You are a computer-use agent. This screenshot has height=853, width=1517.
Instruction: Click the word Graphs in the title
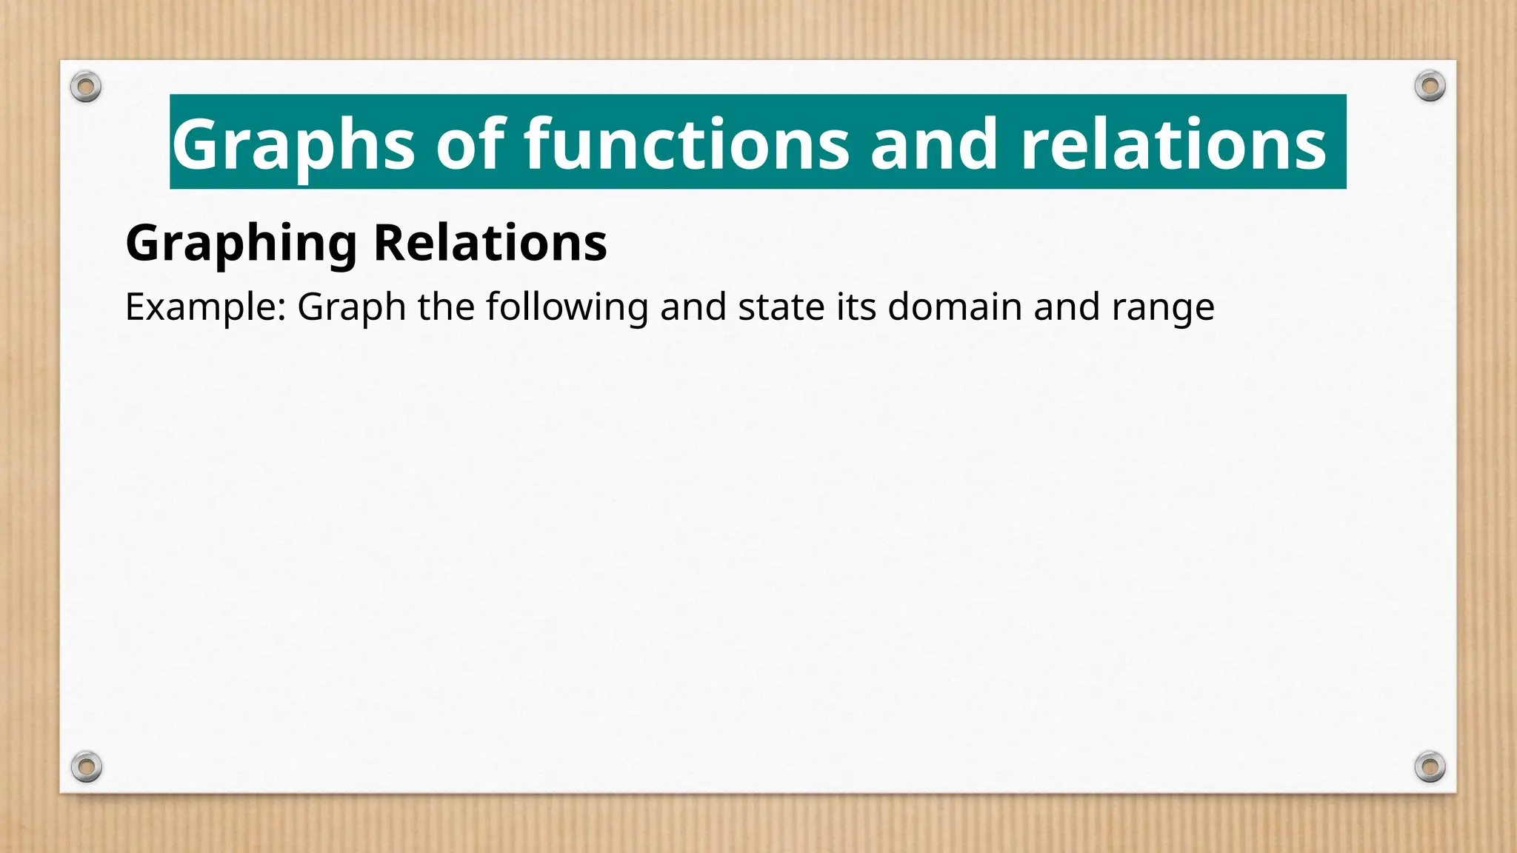coord(293,144)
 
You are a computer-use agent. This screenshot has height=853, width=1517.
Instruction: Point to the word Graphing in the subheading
coord(241,244)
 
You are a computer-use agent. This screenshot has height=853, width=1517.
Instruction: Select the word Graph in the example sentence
coord(351,307)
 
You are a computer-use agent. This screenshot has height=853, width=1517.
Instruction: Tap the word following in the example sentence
coord(567,307)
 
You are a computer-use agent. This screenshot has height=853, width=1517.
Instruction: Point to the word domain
coord(955,307)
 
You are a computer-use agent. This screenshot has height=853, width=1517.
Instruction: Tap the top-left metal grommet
coord(86,87)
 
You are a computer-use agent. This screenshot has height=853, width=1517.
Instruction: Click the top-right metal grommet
coord(1430,87)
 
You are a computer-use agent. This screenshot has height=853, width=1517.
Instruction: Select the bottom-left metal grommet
coord(86,766)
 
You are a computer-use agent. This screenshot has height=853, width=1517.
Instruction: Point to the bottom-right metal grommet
coord(1430,766)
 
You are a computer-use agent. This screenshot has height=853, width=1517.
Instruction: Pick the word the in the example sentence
coord(445,307)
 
